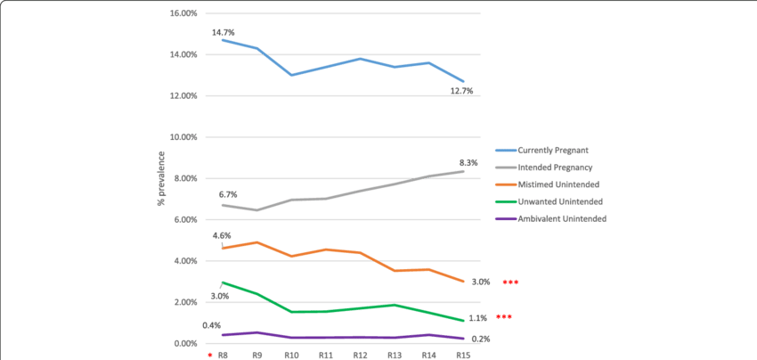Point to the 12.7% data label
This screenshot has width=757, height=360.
coord(461,90)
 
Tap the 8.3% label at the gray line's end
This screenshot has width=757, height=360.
coord(468,163)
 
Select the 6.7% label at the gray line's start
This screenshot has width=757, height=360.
coord(227,194)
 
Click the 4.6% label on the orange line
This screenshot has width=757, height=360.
coord(222,236)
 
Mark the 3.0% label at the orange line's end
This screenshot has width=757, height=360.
coord(481,282)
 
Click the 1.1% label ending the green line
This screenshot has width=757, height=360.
coord(477,318)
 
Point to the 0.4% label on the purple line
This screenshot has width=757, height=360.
coord(211,325)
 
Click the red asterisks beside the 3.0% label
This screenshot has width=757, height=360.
coord(510,282)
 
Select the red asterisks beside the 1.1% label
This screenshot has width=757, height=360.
coord(505,317)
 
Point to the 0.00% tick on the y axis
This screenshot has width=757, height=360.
coord(185,343)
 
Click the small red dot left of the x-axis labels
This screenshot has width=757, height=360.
coord(210,355)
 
